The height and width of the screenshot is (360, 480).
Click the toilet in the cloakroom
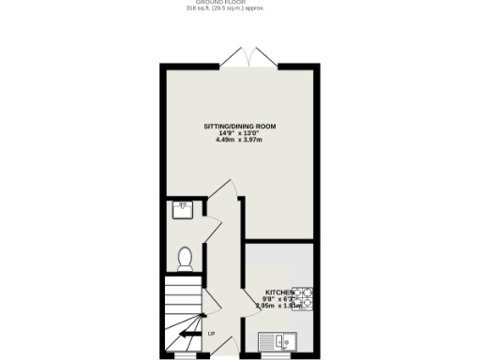click(185, 256)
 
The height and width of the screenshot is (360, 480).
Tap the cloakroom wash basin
click(183, 209)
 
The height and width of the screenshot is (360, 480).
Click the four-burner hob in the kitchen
click(304, 299)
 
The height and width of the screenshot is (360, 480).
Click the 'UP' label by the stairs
click(211, 334)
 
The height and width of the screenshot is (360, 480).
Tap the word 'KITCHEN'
click(281, 292)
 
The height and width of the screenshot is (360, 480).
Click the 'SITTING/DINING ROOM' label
click(240, 126)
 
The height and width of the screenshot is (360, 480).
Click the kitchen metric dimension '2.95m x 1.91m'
click(281, 306)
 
